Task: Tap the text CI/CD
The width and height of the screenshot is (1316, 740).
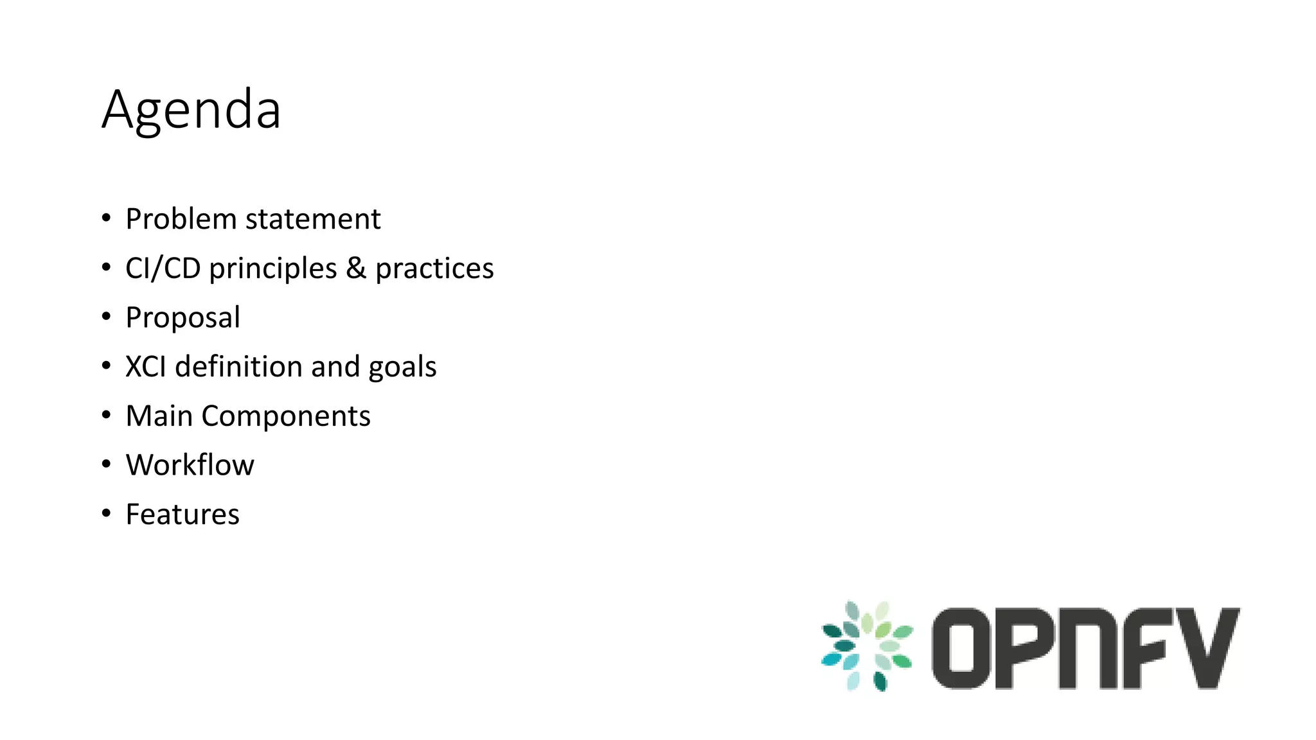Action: [x=163, y=269]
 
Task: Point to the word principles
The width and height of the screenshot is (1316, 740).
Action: [x=273, y=269]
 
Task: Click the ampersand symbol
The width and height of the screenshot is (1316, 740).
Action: [x=356, y=269]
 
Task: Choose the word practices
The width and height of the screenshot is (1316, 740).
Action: [x=434, y=269]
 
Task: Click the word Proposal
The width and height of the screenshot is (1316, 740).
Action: [x=183, y=318]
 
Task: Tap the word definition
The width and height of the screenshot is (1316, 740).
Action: [x=239, y=367]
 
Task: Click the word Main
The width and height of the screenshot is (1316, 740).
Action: [x=159, y=416]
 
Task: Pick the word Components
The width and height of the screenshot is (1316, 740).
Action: [x=286, y=416]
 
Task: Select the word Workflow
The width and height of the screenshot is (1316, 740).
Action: [x=190, y=465]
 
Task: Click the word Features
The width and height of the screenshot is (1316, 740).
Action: [x=182, y=515]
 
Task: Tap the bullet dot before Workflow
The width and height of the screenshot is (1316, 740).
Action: [x=107, y=464]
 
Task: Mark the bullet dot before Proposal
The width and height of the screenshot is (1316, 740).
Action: [x=107, y=316]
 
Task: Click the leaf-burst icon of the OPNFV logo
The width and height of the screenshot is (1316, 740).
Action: [x=867, y=646]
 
